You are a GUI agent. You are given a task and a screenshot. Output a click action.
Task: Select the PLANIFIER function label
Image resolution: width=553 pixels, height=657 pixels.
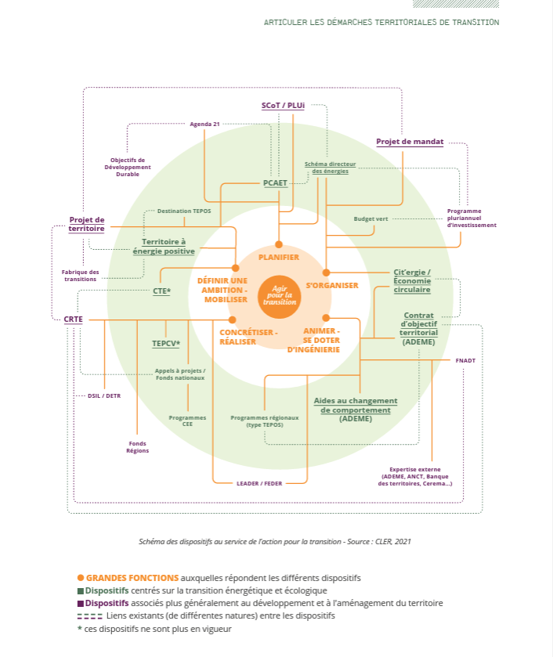(x=279, y=257)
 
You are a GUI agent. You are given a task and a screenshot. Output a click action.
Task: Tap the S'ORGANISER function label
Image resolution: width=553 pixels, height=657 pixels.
(x=332, y=286)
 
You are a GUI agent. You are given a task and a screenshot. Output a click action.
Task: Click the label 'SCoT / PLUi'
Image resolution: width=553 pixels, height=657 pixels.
(x=283, y=105)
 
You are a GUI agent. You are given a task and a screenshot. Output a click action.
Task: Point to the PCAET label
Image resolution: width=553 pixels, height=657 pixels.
(x=276, y=183)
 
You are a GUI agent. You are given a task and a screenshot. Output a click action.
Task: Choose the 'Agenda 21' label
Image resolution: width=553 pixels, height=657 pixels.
(x=204, y=124)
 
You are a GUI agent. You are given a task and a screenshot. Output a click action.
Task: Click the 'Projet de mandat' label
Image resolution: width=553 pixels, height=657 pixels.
(x=410, y=142)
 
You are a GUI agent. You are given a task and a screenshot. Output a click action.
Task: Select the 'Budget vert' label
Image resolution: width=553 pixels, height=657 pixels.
(x=370, y=218)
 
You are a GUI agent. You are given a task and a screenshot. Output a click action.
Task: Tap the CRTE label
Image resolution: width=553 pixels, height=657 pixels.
(x=74, y=319)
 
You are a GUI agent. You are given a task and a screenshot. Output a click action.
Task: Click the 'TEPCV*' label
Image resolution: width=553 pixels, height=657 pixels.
(x=166, y=344)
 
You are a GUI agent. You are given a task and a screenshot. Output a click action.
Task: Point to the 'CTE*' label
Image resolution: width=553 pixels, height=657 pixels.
(x=162, y=291)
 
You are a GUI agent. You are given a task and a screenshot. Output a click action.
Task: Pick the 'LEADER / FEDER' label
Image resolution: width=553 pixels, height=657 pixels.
(x=259, y=483)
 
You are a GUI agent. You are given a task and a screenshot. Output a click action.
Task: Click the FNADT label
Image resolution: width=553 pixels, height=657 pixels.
(x=465, y=360)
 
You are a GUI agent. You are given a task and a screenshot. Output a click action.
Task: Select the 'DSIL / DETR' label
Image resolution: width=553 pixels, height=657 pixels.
(x=104, y=395)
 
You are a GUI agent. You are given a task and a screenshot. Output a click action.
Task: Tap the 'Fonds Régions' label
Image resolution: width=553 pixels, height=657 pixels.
(x=138, y=446)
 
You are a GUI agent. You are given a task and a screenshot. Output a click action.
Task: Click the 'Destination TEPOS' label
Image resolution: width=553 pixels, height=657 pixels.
(x=184, y=211)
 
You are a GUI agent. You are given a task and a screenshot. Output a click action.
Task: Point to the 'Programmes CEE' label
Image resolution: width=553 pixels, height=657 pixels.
(x=187, y=421)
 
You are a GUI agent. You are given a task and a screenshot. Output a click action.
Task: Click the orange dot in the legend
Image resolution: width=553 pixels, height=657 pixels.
(x=81, y=578)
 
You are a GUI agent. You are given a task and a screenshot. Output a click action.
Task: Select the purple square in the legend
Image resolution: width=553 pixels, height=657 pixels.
(x=81, y=603)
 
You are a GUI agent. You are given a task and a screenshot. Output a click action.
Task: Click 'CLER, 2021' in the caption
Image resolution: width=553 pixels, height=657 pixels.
(x=394, y=541)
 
